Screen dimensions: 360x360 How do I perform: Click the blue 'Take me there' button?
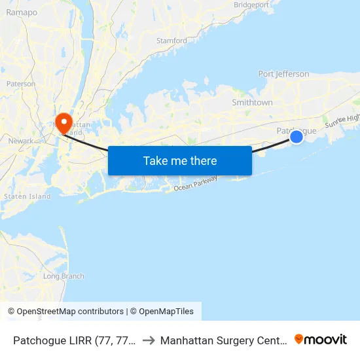tap(179, 160)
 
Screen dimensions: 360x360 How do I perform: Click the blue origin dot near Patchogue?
tap(297, 136)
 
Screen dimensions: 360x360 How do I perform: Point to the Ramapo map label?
tap(22, 12)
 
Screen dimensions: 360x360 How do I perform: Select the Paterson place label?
tap(20, 84)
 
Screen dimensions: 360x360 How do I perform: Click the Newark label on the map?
tap(21, 140)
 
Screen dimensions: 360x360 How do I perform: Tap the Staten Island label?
tap(27, 196)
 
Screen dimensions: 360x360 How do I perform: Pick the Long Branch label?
tap(63, 276)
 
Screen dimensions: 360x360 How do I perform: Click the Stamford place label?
tap(171, 41)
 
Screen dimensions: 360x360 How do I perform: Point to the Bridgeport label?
tap(251, 5)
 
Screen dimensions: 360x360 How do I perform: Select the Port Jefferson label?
tap(283, 74)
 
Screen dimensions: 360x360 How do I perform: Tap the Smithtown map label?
tap(252, 103)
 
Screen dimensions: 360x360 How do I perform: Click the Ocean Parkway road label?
tap(195, 186)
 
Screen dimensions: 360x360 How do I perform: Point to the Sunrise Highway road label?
tap(342, 119)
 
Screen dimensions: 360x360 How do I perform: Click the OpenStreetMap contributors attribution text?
tap(70, 312)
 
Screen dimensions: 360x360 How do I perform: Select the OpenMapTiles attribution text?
tap(162, 312)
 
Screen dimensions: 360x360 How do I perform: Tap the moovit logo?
tap(321, 339)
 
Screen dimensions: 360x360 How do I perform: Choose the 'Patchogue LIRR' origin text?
tap(75, 340)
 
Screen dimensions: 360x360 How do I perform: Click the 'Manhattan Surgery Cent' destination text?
tap(222, 340)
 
